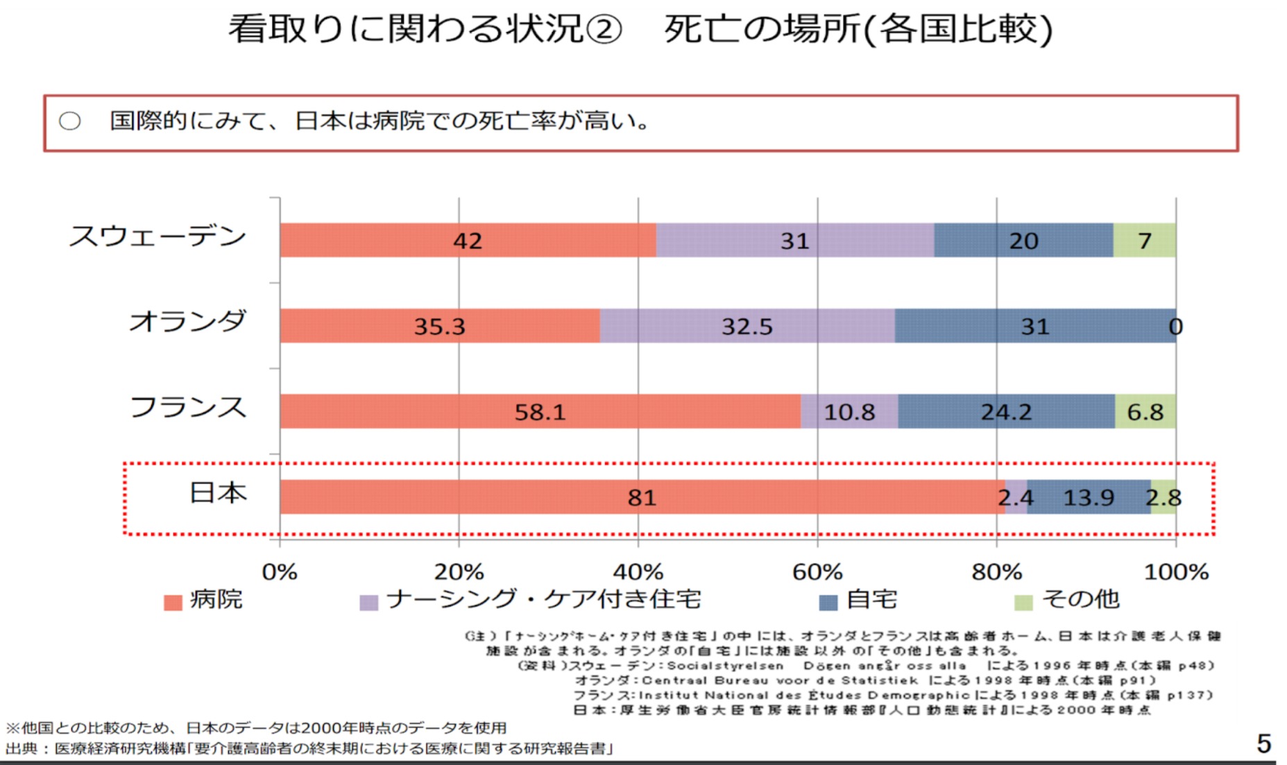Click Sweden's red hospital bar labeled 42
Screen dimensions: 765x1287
(x=468, y=240)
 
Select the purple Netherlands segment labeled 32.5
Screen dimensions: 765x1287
(x=747, y=326)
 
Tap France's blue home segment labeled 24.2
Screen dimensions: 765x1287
(x=1006, y=412)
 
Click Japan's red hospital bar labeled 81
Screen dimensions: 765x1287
(x=642, y=497)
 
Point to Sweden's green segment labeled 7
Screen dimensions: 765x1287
(x=1145, y=240)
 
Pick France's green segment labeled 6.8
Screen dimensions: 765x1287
(x=1145, y=412)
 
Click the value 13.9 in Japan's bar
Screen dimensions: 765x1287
(x=1089, y=497)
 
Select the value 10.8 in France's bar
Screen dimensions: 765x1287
(x=849, y=412)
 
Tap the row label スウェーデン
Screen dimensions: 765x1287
(x=157, y=237)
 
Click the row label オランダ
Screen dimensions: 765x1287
(x=187, y=321)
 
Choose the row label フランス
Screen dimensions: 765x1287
(x=188, y=407)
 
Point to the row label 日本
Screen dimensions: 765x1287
(x=218, y=492)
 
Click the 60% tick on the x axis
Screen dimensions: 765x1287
(x=817, y=572)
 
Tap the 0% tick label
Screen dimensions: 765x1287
(x=280, y=572)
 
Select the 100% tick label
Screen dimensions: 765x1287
(x=1176, y=572)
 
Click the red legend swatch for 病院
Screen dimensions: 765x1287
(x=173, y=602)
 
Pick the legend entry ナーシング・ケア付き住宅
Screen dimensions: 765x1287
(x=543, y=599)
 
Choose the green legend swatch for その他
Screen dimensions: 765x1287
(x=1023, y=602)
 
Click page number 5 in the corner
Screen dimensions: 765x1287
(x=1263, y=743)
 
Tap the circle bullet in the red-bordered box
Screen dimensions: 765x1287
(x=69, y=121)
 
